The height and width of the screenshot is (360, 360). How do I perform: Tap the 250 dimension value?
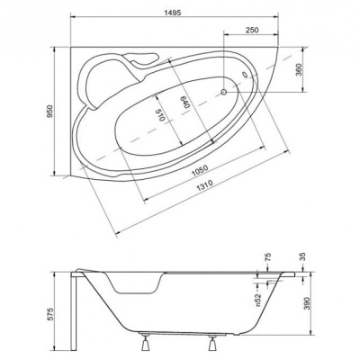pyautogui.click(x=252, y=30)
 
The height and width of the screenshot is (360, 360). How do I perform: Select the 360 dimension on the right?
pyautogui.click(x=299, y=70)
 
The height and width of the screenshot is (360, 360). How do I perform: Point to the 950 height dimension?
pyautogui.click(x=49, y=112)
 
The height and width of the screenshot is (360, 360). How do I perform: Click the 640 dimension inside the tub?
pyautogui.click(x=185, y=103)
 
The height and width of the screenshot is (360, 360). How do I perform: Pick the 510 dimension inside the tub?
pyautogui.click(x=160, y=115)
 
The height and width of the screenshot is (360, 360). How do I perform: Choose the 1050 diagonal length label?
pyautogui.click(x=200, y=171)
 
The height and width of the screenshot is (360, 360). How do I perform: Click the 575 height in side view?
pyautogui.click(x=49, y=314)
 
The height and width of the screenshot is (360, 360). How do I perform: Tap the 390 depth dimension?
pyautogui.click(x=307, y=304)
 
